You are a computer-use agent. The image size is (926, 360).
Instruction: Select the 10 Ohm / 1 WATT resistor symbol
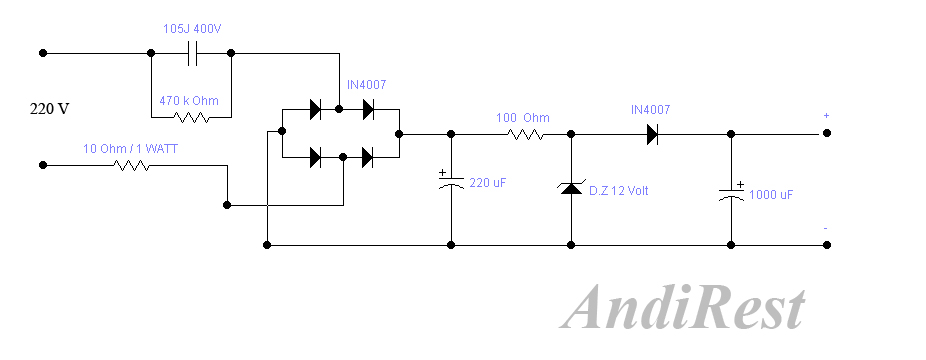point(132,164)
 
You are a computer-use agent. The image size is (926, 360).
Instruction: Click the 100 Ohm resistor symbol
point(525,133)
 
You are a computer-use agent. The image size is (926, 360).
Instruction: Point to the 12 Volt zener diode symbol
point(571,188)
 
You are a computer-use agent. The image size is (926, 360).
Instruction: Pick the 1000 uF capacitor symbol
point(731,194)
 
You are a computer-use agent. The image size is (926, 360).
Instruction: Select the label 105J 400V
point(192,29)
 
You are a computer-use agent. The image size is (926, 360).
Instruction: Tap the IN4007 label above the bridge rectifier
point(368,85)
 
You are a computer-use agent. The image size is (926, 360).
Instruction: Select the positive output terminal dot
point(827,133)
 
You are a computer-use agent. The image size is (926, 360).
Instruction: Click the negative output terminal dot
point(827,244)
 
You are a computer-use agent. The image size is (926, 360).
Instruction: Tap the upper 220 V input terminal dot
point(43,52)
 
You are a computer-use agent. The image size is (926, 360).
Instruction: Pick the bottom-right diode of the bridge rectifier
point(368,156)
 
